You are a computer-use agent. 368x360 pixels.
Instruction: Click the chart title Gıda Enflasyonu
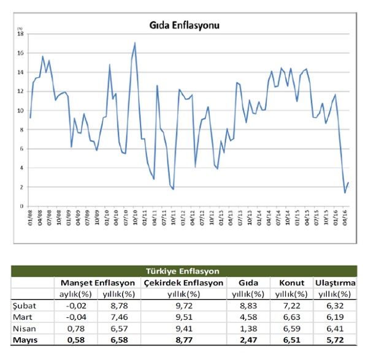[185, 26]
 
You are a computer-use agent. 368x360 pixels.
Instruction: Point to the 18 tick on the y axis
[20, 34]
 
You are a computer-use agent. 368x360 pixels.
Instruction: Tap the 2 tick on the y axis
[21, 187]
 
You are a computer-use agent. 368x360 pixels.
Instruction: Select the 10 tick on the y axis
[20, 110]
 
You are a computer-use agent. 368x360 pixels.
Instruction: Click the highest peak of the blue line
[135, 42]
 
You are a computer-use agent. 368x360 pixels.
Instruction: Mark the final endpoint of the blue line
[348, 182]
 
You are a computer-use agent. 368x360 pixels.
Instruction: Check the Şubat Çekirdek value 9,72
[183, 304]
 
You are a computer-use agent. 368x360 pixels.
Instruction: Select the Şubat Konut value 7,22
[292, 304]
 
